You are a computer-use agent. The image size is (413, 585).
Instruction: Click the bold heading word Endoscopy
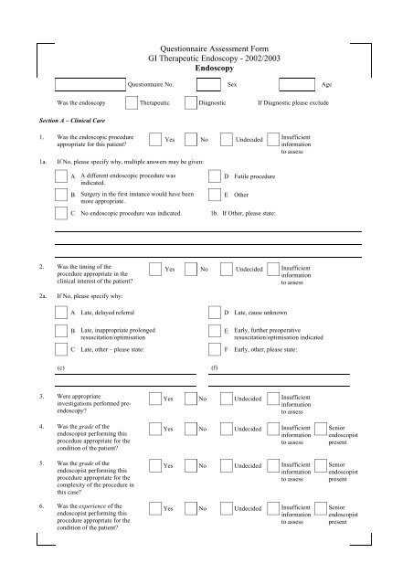point(206,68)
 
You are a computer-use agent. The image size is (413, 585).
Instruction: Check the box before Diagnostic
point(190,103)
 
